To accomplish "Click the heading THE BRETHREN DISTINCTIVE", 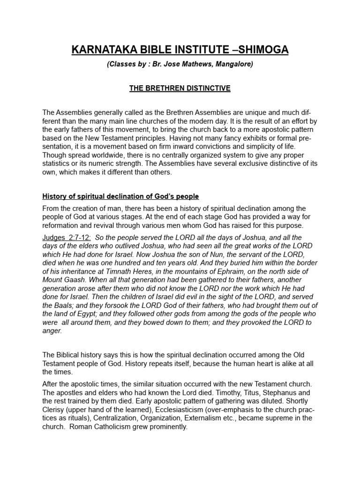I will tap(180, 88).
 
